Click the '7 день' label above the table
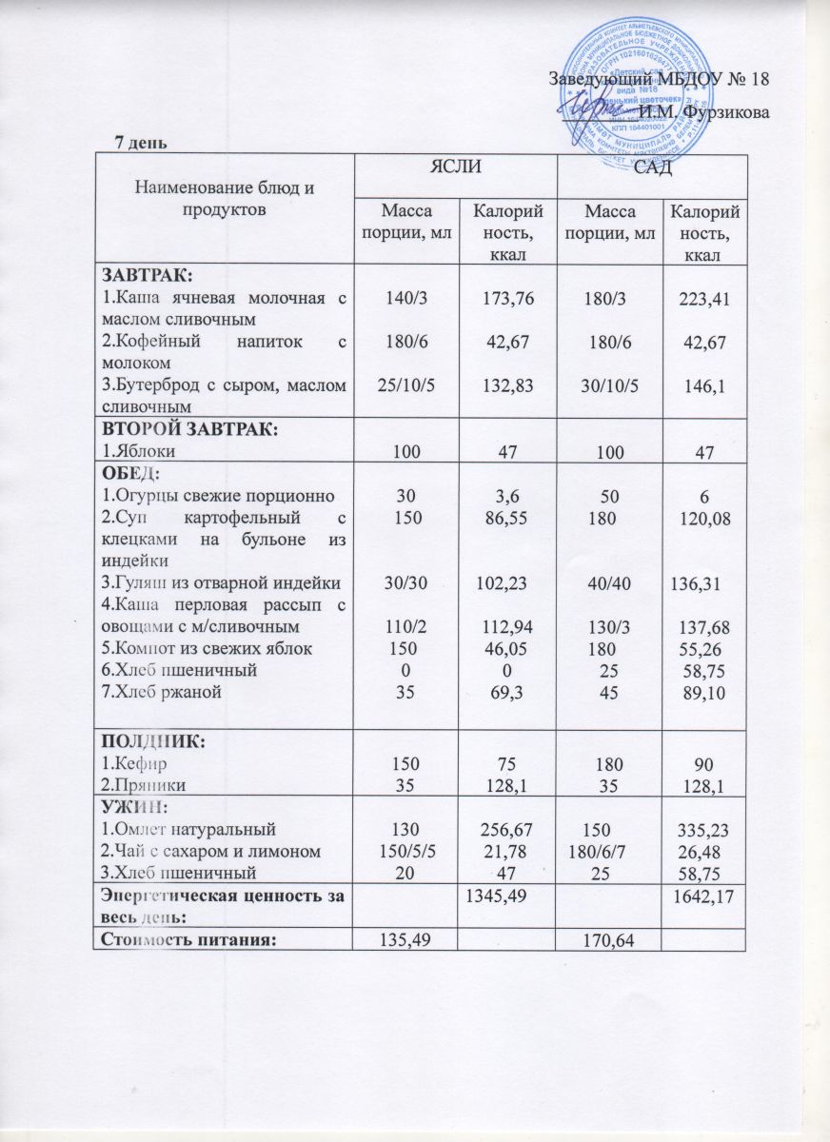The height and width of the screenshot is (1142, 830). click(x=142, y=143)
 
